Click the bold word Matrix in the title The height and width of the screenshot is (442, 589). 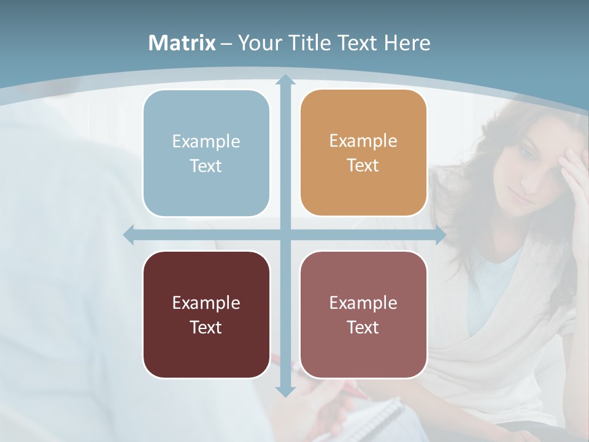[182, 43]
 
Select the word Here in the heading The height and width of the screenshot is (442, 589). [407, 43]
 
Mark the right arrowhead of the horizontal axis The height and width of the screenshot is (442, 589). [441, 235]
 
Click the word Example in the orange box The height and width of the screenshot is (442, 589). [363, 141]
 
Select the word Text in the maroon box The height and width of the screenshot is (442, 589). [206, 327]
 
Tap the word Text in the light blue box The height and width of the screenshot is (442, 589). [206, 166]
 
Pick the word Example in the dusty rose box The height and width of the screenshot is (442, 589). [363, 303]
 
